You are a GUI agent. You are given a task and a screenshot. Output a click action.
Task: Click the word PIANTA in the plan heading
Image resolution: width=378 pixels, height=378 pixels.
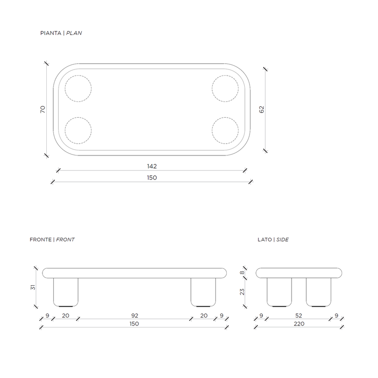click(51, 33)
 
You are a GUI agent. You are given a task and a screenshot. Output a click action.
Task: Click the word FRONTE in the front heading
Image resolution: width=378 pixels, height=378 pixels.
click(41, 240)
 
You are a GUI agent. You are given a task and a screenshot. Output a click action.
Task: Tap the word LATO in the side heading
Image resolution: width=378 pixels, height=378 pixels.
click(265, 240)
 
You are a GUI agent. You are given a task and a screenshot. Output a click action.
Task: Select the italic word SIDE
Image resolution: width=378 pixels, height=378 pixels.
click(282, 240)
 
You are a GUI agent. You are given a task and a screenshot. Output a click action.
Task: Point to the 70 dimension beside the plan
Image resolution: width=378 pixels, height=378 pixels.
click(43, 109)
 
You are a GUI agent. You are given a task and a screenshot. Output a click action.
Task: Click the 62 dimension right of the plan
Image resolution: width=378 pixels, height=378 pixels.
click(262, 109)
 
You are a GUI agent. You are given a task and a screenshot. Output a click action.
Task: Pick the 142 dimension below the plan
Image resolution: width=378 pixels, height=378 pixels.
click(152, 166)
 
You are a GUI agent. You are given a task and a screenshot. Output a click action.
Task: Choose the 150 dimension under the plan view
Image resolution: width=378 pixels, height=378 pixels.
click(152, 178)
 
